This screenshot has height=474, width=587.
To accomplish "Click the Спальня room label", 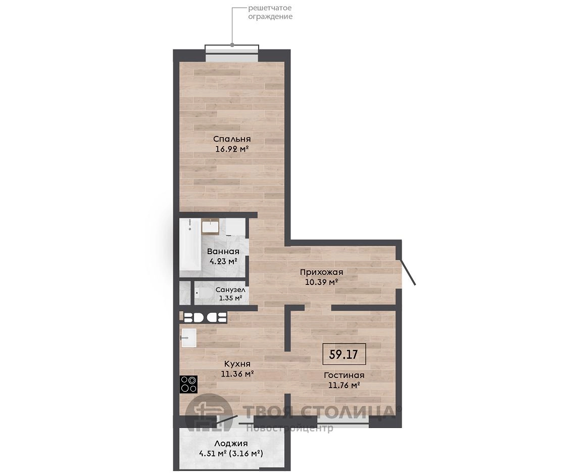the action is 232,139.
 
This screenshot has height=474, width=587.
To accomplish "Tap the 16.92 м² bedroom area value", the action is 232,149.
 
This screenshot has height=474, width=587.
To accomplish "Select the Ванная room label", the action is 223,251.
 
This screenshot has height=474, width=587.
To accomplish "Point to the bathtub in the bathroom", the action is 190,245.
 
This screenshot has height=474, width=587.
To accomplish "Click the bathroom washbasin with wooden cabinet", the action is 210,226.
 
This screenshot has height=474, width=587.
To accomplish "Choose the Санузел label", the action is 230,290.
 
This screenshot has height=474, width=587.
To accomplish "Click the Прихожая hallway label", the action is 321,272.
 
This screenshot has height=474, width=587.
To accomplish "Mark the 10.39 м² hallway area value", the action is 322,282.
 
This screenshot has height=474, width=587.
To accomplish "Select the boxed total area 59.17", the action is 344,354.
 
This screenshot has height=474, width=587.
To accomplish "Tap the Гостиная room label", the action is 344,375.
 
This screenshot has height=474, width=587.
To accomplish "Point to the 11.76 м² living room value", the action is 344,385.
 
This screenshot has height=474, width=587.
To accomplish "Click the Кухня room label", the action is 237,364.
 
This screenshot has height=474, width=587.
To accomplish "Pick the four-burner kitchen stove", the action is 189,384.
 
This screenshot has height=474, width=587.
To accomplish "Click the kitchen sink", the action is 189,338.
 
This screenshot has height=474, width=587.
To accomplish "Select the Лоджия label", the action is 231,444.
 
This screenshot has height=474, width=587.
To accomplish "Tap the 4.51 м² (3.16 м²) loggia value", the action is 231,453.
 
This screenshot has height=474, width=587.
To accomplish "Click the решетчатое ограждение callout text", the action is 270,12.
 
